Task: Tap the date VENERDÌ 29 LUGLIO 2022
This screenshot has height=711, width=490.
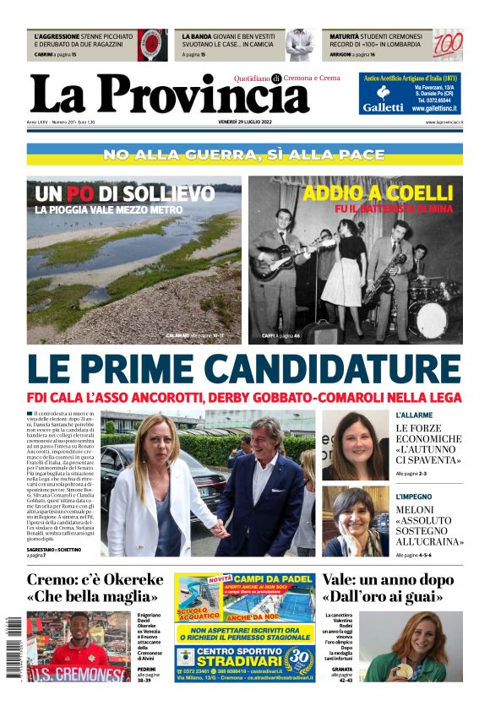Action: tap(244, 122)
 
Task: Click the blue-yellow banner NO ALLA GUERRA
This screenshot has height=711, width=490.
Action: tap(244, 155)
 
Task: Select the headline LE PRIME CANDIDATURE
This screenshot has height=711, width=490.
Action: tap(244, 370)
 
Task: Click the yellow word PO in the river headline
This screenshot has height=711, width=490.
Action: tap(80, 193)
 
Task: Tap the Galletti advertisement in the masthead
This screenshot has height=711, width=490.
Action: tap(411, 94)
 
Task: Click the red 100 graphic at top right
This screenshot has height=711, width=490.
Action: tap(447, 45)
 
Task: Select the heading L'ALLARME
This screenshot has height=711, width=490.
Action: tap(414, 415)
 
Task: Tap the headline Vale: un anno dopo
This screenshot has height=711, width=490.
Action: tap(393, 580)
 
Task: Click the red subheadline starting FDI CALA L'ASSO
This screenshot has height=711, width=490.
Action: tap(244, 398)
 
